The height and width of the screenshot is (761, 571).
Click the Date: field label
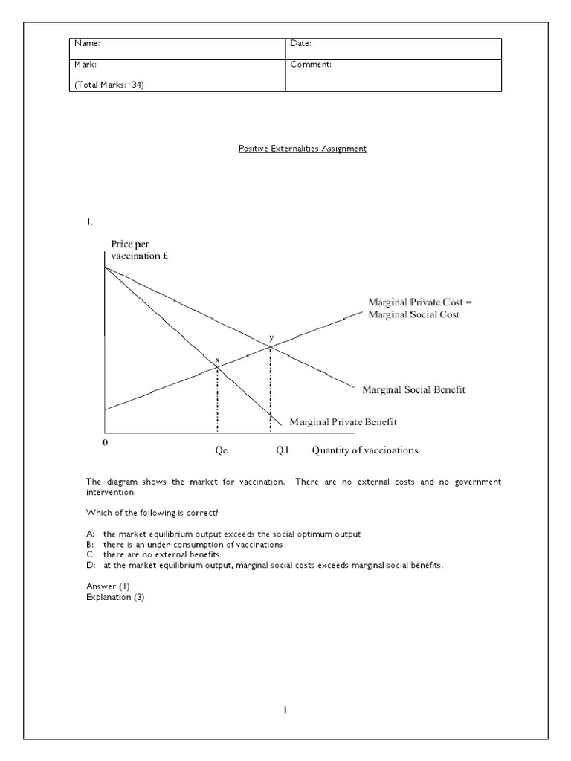click(300, 45)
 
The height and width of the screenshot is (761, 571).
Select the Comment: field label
click(311, 65)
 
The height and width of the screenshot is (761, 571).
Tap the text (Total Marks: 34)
click(108, 85)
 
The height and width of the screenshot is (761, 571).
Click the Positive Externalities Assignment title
click(302, 149)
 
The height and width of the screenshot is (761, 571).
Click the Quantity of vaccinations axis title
click(364, 450)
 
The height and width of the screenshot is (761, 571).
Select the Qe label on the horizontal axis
click(218, 450)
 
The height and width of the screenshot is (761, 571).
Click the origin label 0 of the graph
click(105, 441)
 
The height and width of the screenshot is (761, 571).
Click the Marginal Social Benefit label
click(413, 389)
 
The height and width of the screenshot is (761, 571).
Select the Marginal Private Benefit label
click(342, 421)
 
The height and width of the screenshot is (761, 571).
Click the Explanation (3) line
click(115, 597)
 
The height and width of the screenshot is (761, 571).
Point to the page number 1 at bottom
click(285, 710)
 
